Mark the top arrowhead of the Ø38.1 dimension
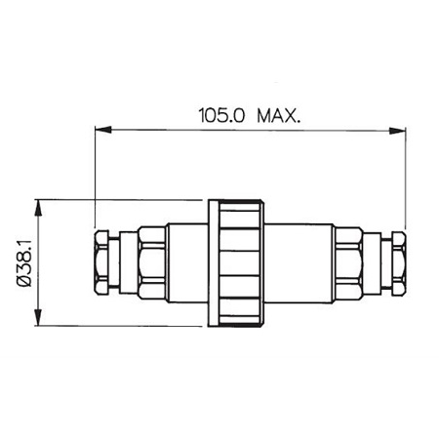coord(37,206)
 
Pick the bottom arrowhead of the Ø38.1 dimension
coord(37,319)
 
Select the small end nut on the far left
coord(102,262)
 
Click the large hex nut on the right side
coord(348,262)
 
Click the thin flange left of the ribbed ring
coord(211,262)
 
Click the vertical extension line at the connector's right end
coord(405,176)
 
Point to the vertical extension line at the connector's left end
coord(94,176)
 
